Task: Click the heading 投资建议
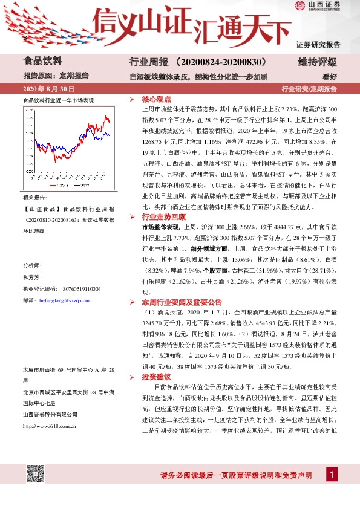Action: (157, 376)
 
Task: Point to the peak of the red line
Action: (105, 115)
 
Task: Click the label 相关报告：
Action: (33, 198)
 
